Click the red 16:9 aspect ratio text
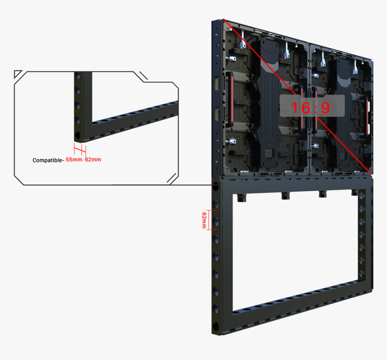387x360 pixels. [310, 108]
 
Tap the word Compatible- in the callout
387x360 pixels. [49, 160]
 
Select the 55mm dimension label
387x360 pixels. [74, 159]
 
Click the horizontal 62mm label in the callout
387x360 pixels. [93, 159]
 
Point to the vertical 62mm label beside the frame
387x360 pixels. [204, 220]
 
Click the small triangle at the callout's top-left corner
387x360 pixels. [17, 73]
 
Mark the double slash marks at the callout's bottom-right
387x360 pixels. [172, 178]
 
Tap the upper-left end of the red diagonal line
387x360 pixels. [223, 19]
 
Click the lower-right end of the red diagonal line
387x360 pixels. [371, 174]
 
